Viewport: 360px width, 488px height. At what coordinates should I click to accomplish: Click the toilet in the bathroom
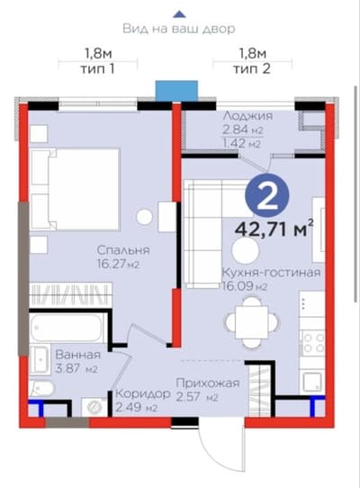coord(44,388)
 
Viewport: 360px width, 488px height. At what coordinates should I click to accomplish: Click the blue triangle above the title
coord(180,13)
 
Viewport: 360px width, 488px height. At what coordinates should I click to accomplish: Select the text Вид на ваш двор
coord(180,29)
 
